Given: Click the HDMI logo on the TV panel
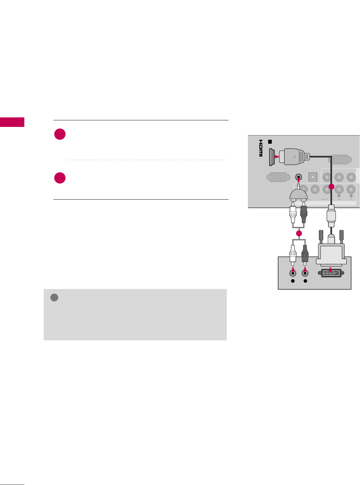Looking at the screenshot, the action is point(260,148).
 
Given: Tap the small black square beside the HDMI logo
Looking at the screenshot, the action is point(270,142).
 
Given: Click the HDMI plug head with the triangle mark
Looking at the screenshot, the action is point(295,157).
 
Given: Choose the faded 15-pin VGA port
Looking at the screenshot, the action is point(278,177).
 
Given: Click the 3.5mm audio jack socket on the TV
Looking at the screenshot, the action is point(299,177).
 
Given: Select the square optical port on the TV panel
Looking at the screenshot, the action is point(313,177).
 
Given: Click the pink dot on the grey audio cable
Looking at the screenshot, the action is point(299,233).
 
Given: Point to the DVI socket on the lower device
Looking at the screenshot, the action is point(330,273).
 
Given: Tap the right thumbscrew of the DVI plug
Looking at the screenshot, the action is point(341,236).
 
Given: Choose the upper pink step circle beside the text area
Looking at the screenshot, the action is point(60,134).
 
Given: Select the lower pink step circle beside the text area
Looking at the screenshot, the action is point(60,178).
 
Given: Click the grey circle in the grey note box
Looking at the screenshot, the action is point(54,298).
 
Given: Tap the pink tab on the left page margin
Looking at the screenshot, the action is point(12,122).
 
